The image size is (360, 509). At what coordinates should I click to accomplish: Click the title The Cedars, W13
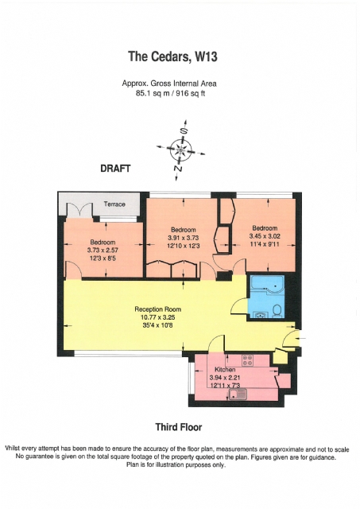click(x=172, y=56)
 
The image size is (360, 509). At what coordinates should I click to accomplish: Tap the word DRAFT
click(x=115, y=169)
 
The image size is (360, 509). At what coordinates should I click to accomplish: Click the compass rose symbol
click(x=180, y=150)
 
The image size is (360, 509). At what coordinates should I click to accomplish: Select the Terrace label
click(x=114, y=204)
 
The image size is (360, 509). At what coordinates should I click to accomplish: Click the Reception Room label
click(x=158, y=309)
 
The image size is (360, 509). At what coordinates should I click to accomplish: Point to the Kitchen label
click(x=225, y=370)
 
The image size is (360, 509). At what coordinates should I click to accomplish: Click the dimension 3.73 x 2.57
click(x=103, y=251)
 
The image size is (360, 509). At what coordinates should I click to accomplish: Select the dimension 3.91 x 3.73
click(x=184, y=238)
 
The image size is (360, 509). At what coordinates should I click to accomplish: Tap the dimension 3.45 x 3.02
click(x=265, y=236)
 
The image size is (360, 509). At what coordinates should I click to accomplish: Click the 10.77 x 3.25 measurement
click(x=158, y=317)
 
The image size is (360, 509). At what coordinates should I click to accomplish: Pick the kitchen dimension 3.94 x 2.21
click(x=225, y=378)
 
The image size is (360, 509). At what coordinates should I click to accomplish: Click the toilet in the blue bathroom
click(x=277, y=311)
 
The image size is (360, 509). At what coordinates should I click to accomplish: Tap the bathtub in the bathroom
click(x=268, y=285)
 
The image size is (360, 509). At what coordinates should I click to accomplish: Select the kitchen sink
click(x=238, y=394)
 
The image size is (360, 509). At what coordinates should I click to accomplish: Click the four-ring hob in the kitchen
click(x=248, y=360)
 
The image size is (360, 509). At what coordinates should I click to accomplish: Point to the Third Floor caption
click(x=179, y=427)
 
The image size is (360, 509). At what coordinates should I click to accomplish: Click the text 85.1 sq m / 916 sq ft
click(x=170, y=94)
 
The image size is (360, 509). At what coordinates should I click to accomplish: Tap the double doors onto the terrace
click(x=79, y=210)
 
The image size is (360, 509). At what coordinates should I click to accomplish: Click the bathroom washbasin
click(x=260, y=314)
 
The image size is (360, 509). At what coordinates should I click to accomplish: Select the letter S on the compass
click(x=184, y=130)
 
